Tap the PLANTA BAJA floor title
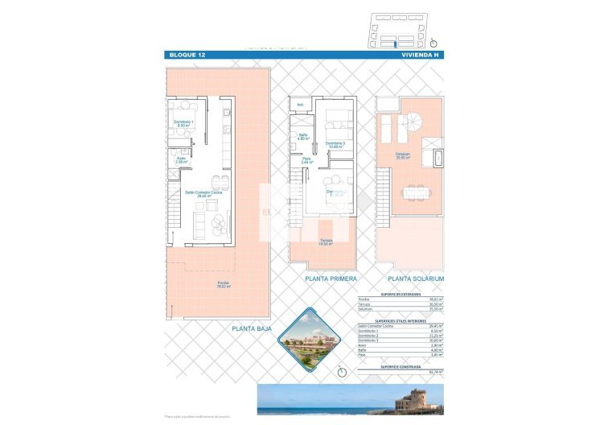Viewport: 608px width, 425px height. (x=251, y=328)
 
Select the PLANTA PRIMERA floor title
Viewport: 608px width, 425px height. (x=331, y=279)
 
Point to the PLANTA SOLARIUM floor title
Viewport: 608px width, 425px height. (x=416, y=279)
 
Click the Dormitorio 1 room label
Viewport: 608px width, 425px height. (x=183, y=123)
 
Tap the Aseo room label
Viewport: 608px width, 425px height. (x=181, y=159)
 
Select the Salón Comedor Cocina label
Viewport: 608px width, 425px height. (x=203, y=193)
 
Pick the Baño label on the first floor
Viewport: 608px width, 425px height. (x=303, y=137)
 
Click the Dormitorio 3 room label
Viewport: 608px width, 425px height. (x=335, y=145)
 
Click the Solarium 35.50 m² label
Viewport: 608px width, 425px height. (x=402, y=156)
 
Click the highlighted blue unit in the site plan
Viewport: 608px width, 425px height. (x=394, y=45)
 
